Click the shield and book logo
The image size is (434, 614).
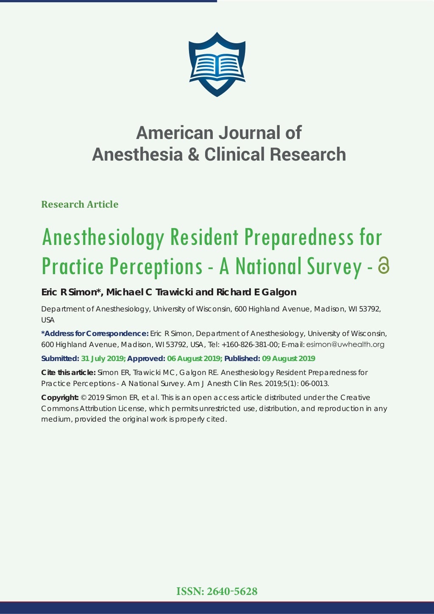tap(217, 64)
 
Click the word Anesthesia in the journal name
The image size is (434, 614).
tap(136, 154)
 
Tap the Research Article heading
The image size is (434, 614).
tap(80, 204)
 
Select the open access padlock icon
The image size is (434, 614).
tap(384, 265)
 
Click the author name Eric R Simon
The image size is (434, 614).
tap(69, 292)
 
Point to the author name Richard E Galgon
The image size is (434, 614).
tap(256, 292)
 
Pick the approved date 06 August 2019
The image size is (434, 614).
tap(194, 358)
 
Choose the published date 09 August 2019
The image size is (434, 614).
tap(288, 358)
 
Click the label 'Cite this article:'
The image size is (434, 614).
tap(68, 372)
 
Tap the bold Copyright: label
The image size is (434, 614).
tap(60, 397)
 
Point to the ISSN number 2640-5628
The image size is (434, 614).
tap(232, 592)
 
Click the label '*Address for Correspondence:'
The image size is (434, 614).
tap(95, 333)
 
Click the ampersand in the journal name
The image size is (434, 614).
tap(193, 154)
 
